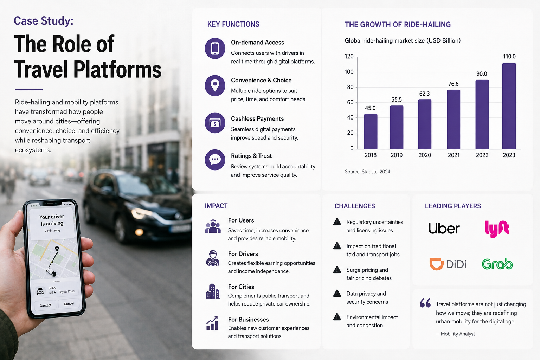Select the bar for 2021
[454, 120]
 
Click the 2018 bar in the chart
[371, 131]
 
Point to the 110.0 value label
[509, 56]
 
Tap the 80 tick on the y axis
[350, 87]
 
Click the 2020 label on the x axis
[425, 155]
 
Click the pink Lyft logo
[497, 229]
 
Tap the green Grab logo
[497, 264]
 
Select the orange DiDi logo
[448, 264]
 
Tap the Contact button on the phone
[45, 305]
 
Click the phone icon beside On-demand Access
[215, 49]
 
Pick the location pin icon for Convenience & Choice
[215, 85]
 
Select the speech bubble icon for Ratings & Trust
[215, 160]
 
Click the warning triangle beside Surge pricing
[337, 270]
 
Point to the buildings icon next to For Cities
[213, 291]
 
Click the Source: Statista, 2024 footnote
[367, 172]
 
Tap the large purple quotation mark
[425, 303]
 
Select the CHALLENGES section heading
[355, 206]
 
